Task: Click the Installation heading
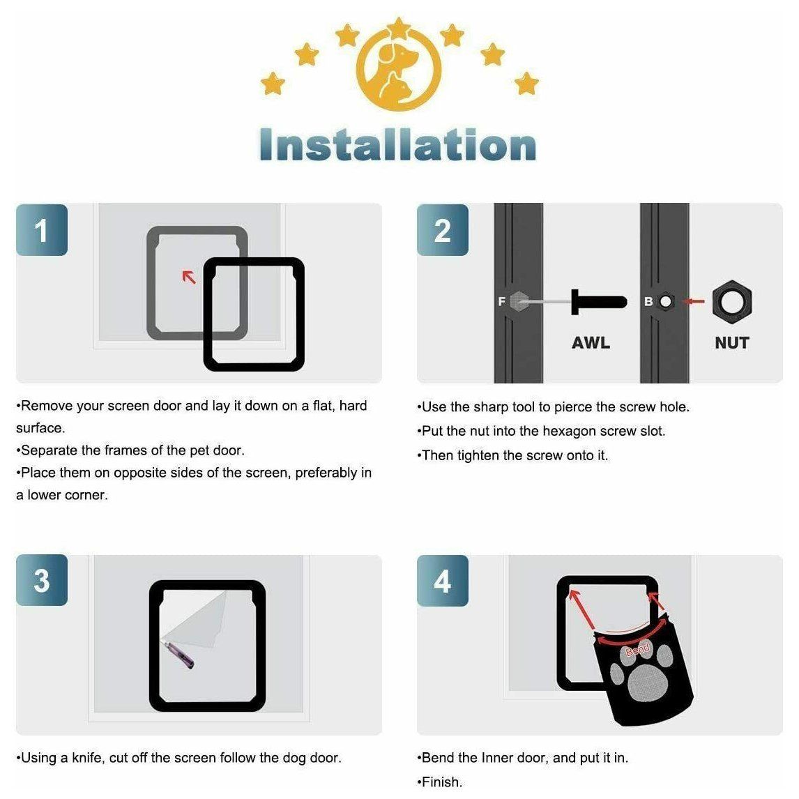coord(398,145)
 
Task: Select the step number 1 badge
coord(42,230)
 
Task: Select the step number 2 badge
coord(442,230)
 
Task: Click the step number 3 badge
coord(42,580)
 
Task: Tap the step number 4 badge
coord(442,580)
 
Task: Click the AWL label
coord(591,342)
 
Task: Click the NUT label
coord(731,342)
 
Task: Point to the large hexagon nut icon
coord(732,302)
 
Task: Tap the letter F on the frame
coord(501,302)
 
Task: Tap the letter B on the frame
coord(648,302)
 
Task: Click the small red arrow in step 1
coord(189,277)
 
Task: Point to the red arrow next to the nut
coord(693,302)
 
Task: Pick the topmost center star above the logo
coord(399,28)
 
